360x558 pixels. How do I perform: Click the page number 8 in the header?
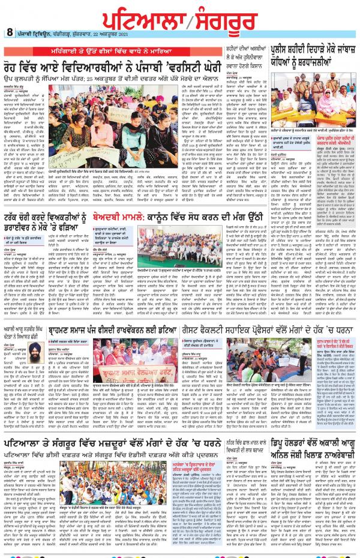[x=10, y=32]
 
